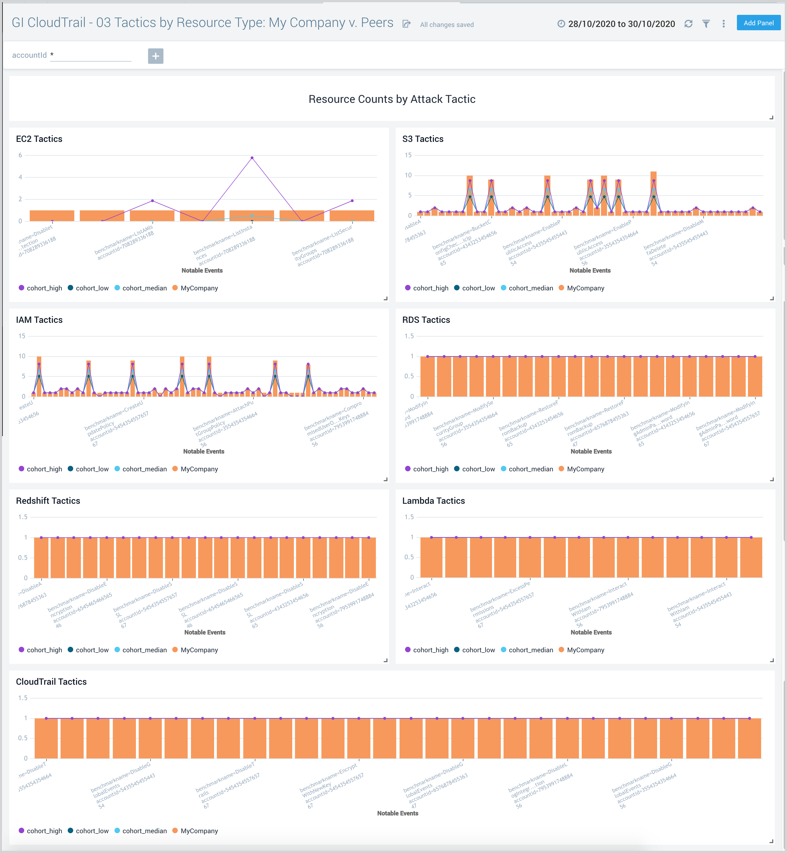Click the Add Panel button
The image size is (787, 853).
coord(758,23)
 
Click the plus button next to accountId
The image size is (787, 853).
coord(155,56)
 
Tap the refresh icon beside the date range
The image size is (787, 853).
coord(688,24)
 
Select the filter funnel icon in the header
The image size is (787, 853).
coord(706,24)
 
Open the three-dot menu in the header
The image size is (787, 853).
coord(723,24)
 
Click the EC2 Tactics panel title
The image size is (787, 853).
coord(39,139)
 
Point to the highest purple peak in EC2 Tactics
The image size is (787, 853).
coord(252,158)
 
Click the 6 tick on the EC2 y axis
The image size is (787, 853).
coord(20,155)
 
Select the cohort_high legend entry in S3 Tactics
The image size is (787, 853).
coord(430,288)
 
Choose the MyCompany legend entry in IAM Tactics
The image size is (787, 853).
coord(199,469)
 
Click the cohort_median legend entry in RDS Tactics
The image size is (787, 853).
coord(530,469)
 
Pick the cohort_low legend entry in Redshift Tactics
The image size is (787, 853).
coord(92,650)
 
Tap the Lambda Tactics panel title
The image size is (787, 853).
coord(433,500)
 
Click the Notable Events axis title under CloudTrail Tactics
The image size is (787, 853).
coord(397,813)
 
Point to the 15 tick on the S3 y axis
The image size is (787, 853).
coord(408,155)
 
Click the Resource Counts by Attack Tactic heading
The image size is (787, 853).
coord(392,99)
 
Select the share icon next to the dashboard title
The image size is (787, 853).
coord(406,24)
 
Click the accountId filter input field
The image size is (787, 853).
coord(91,55)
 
